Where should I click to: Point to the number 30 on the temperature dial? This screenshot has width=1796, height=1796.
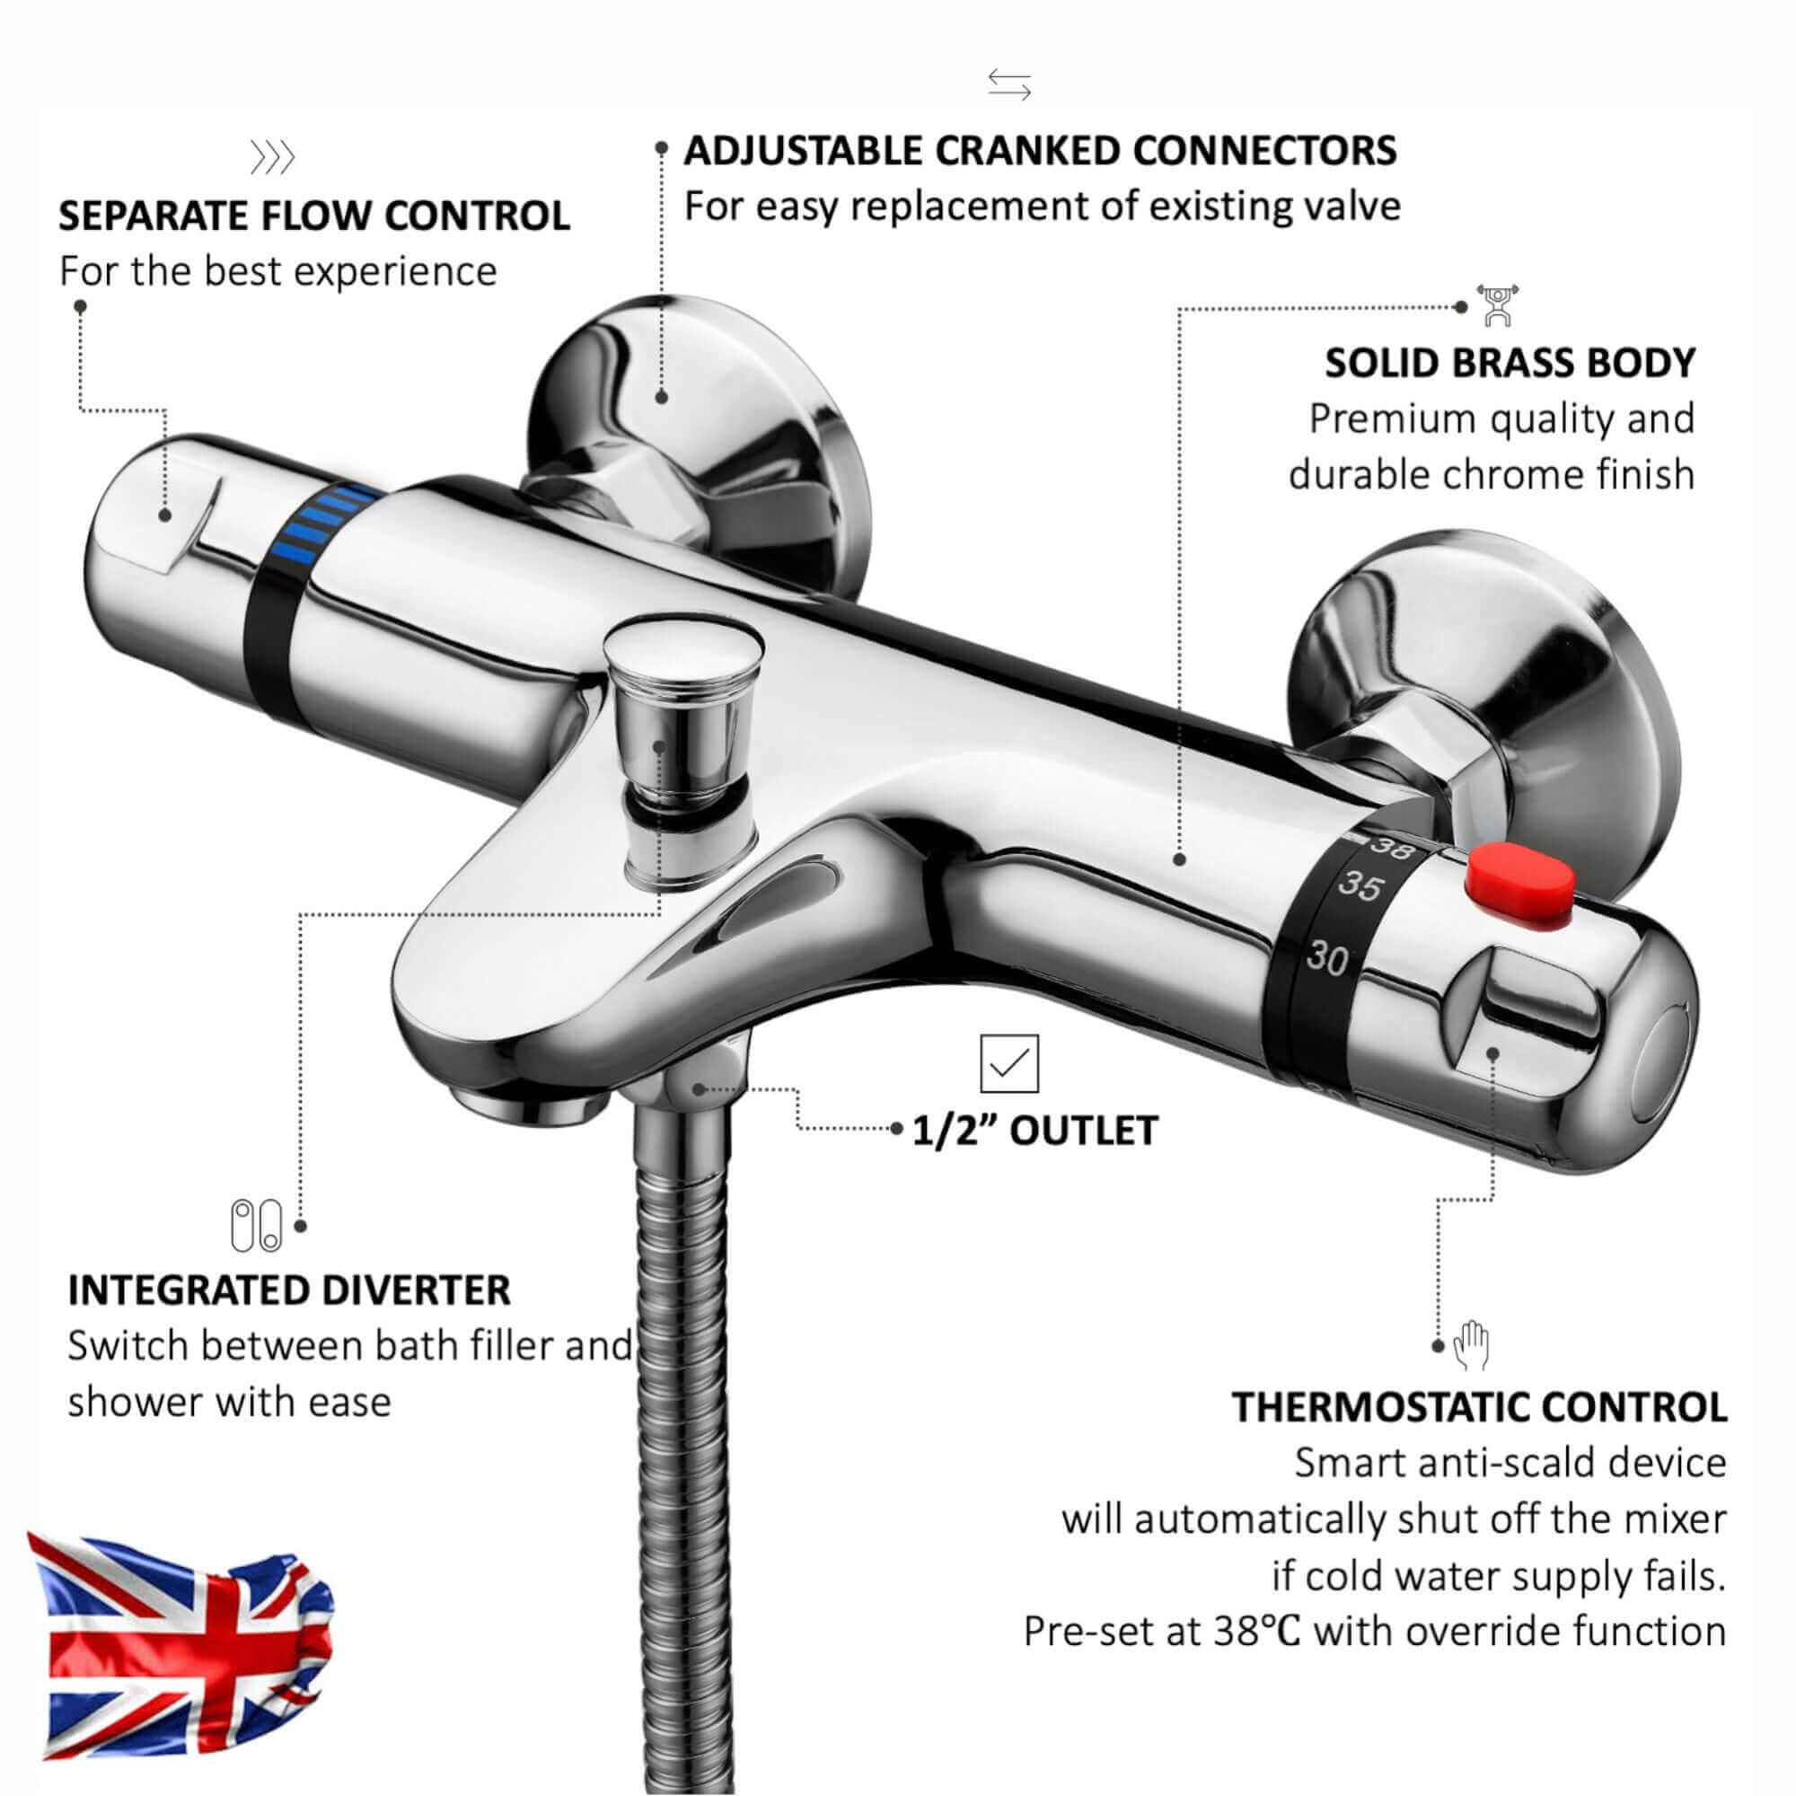[1328, 957]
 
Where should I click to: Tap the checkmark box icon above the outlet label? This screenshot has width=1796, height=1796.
[1008, 1062]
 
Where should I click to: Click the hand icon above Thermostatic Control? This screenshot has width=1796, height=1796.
[1472, 1345]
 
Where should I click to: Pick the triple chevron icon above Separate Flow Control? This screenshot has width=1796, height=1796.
[272, 158]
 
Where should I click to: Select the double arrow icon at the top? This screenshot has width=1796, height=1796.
[1009, 84]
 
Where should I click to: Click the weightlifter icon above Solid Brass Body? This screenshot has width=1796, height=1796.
[1498, 306]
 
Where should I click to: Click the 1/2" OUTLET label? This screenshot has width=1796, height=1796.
[1034, 1131]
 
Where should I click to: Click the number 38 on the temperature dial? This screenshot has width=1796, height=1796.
[1392, 847]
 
